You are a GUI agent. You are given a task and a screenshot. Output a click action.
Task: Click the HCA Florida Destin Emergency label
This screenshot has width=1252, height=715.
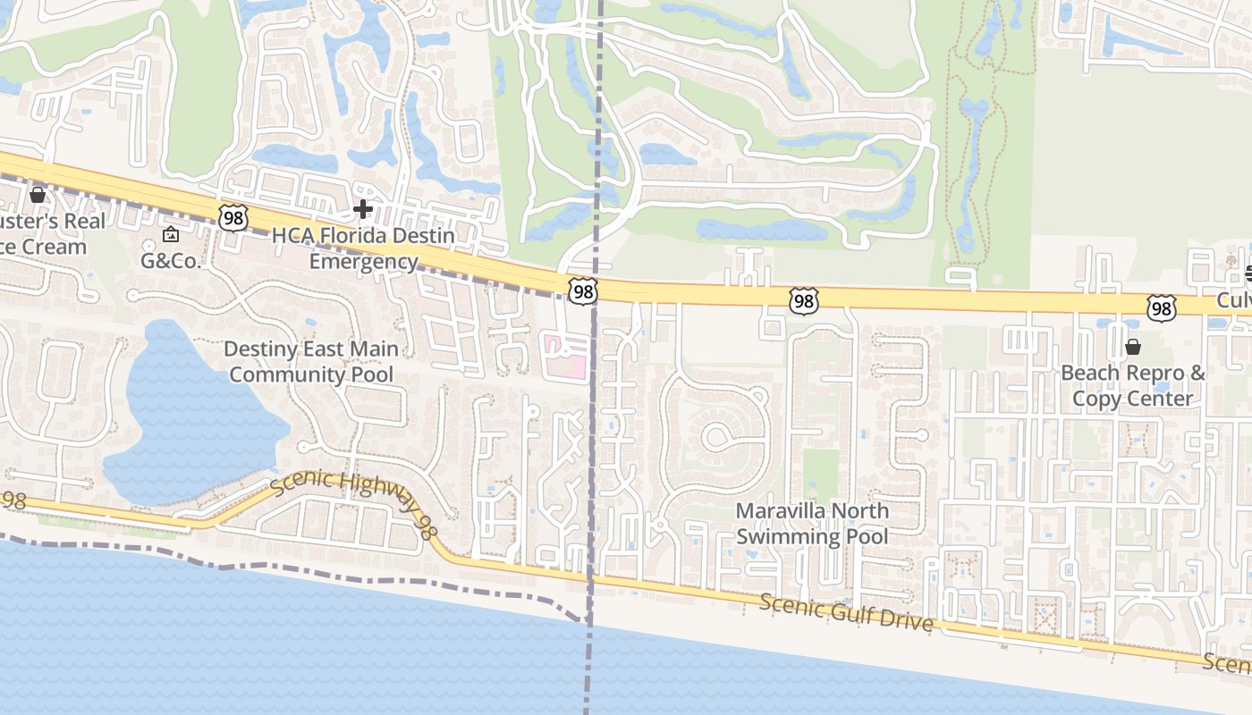click(x=363, y=248)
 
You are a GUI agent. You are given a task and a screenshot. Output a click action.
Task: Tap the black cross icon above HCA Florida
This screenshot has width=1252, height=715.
click(x=362, y=209)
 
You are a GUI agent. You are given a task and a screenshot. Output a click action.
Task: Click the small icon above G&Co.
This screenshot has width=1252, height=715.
click(x=171, y=235)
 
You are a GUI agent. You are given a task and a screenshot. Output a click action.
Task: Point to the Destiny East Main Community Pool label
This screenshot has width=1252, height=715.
click(x=311, y=361)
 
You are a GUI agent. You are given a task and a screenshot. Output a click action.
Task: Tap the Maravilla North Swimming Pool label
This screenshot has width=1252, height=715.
click(x=812, y=524)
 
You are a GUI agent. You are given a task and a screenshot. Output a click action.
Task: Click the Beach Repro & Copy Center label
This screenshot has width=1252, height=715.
click(x=1133, y=385)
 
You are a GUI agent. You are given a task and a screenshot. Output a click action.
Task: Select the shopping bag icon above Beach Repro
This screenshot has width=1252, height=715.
click(x=1133, y=347)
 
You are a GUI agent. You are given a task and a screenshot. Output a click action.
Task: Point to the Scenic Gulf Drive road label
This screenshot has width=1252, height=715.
click(x=846, y=612)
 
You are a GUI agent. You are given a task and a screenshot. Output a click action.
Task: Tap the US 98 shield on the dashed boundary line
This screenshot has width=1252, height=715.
click(x=582, y=290)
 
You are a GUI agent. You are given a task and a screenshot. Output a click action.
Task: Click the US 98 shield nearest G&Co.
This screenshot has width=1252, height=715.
click(x=231, y=216)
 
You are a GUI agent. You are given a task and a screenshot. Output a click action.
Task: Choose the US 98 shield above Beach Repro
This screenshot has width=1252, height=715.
click(x=1161, y=309)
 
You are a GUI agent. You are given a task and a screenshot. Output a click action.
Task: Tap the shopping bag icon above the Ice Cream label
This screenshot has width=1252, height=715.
click(x=38, y=194)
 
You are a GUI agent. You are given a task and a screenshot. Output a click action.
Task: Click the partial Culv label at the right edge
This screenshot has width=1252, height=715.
click(x=1233, y=300)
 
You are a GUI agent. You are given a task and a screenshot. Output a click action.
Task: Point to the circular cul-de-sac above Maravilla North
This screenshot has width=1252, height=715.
click(x=716, y=436)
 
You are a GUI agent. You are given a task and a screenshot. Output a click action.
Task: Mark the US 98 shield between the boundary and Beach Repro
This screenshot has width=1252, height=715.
click(x=803, y=301)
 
